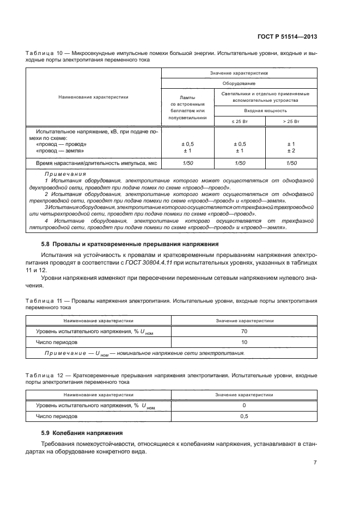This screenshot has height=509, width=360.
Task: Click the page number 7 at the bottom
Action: pos(315,463)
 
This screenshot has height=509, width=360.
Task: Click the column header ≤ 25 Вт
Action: pos(239,121)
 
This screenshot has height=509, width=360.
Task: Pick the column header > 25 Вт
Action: pos(291,121)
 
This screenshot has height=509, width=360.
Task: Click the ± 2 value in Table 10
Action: pos(291,151)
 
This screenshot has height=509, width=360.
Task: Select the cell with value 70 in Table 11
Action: pos(244,331)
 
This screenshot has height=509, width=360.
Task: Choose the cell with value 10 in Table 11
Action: pos(244,342)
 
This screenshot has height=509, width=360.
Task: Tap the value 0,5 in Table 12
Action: pos(244,416)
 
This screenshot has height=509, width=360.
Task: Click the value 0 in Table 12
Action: pos(244,405)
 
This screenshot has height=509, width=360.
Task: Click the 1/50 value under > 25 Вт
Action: pos(291,163)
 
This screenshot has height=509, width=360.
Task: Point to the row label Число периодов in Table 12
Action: pos(57,416)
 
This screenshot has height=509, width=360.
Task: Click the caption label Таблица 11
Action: pos(44,301)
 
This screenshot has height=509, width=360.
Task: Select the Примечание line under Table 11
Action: pos(144,353)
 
